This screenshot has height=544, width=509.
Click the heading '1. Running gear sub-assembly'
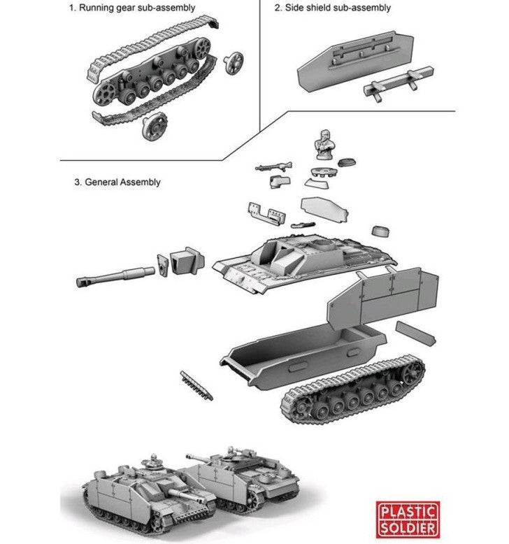(132, 8)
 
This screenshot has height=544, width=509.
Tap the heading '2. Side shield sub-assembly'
(332, 8)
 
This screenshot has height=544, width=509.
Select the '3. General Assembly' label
(117, 182)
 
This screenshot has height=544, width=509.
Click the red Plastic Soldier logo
(408, 519)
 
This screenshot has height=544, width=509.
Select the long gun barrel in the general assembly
(115, 275)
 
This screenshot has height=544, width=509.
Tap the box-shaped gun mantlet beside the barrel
(187, 260)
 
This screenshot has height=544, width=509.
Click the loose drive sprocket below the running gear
(155, 127)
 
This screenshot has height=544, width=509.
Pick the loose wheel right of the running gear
(234, 62)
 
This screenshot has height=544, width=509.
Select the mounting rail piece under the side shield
(399, 83)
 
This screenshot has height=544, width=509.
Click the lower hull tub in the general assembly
(303, 355)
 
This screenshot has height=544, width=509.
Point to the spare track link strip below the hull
(196, 385)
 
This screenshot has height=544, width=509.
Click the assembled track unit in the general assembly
(352, 389)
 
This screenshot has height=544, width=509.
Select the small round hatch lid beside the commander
(347, 162)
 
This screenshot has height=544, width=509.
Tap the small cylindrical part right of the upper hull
(380, 231)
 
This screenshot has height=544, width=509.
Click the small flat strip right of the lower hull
(416, 333)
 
